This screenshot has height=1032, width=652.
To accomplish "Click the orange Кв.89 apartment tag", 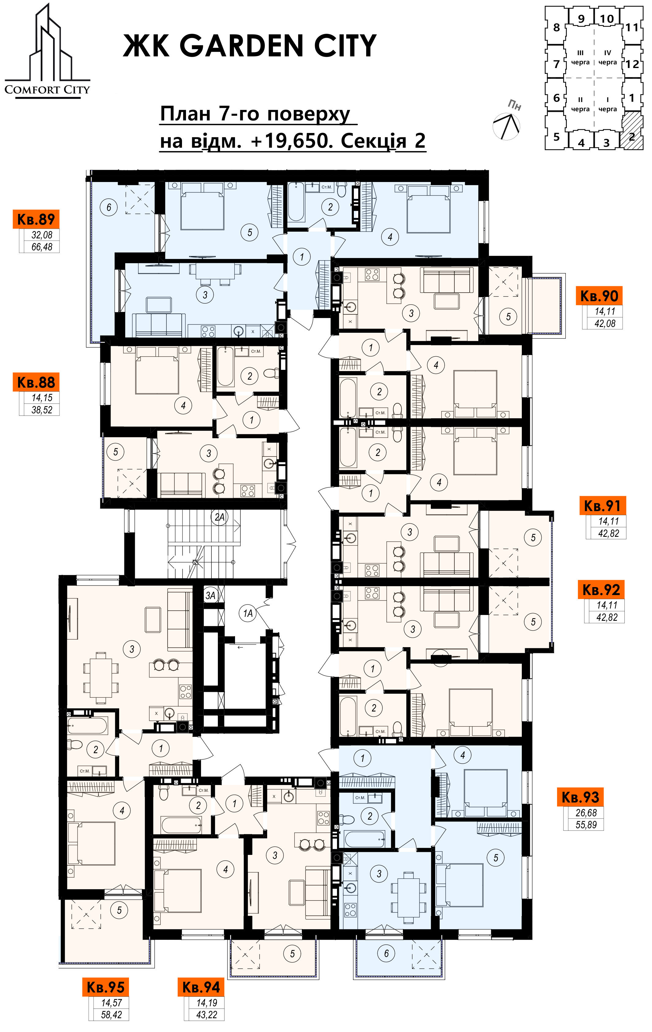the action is (x=36, y=219).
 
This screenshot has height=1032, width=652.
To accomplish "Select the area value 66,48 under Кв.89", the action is (x=42, y=247).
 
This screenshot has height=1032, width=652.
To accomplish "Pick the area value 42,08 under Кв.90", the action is (x=605, y=324).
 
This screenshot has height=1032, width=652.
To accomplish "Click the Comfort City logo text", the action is (x=47, y=89).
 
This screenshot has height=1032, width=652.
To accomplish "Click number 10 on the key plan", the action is (x=607, y=19).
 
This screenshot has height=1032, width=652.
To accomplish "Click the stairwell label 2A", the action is (x=219, y=517).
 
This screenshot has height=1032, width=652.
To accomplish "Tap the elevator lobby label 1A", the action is (x=248, y=614).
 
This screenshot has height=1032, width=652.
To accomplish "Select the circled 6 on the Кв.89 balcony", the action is (x=108, y=207).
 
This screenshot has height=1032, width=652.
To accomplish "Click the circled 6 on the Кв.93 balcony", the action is (x=386, y=953).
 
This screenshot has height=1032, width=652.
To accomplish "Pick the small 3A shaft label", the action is (x=210, y=595).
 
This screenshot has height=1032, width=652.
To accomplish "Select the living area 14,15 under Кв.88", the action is (x=42, y=398).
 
